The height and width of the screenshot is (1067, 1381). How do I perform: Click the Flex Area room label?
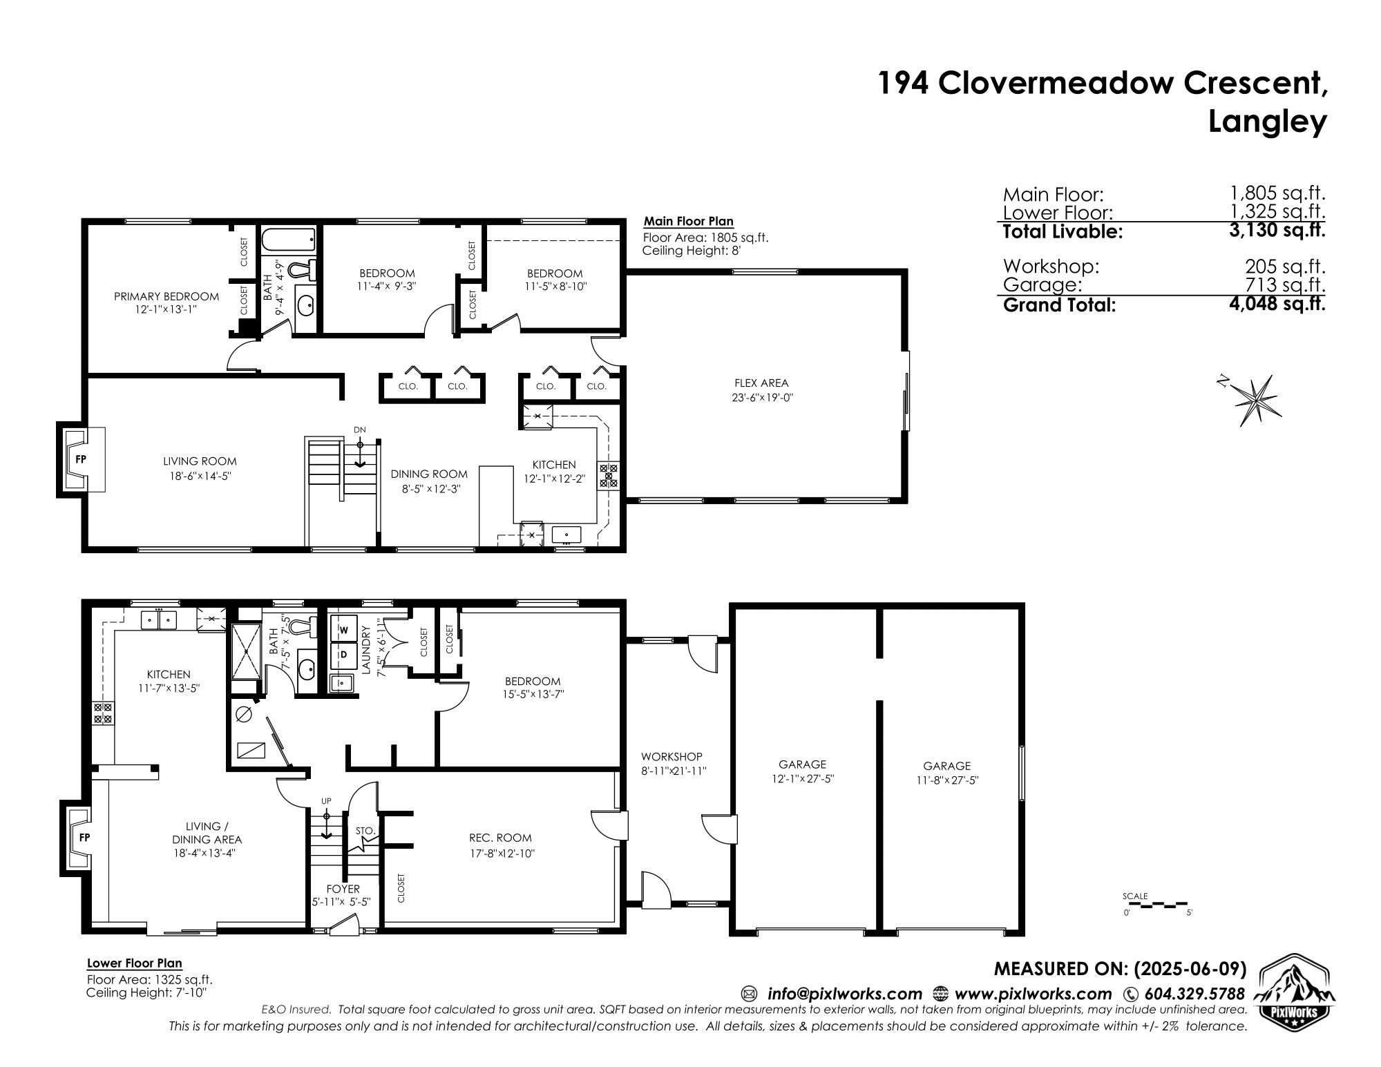761,383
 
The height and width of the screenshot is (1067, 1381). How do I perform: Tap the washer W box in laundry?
343,629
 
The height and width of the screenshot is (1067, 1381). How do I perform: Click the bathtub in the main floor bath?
288,241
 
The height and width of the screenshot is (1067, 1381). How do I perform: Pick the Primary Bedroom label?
166,296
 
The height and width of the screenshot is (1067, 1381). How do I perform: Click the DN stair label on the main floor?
359,430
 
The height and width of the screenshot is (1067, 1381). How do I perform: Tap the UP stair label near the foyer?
326,800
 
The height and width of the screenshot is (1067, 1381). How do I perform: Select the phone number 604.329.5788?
1194,994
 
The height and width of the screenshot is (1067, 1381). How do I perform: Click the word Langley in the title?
1267,122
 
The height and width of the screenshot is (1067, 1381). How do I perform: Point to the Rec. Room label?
500,838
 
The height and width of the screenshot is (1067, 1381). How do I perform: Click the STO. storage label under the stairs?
365,830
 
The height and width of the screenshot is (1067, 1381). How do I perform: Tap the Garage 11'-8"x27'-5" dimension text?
946,780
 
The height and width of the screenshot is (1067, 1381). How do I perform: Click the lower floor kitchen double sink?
159,619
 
